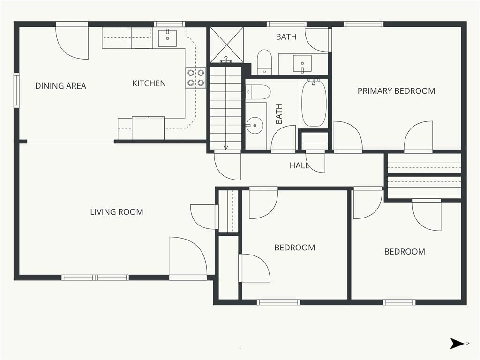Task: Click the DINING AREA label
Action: point(60,86)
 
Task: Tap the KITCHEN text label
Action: point(149,83)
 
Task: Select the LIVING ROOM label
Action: point(117,212)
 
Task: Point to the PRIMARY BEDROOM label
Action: point(396,91)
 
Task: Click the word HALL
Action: point(299,165)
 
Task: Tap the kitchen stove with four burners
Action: point(195,78)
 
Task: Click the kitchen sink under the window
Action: point(167,38)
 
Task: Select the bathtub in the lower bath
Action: point(314,103)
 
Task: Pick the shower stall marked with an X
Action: point(226,45)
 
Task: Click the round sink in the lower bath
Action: point(255,126)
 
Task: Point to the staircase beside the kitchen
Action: point(226,108)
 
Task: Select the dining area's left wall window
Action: point(16,90)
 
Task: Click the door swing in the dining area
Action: point(72,43)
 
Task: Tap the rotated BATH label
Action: point(279,114)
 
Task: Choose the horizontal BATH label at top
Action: point(286,37)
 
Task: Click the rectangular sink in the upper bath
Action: point(302,64)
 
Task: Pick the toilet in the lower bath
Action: point(258,92)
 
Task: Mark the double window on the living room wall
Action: point(95,277)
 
